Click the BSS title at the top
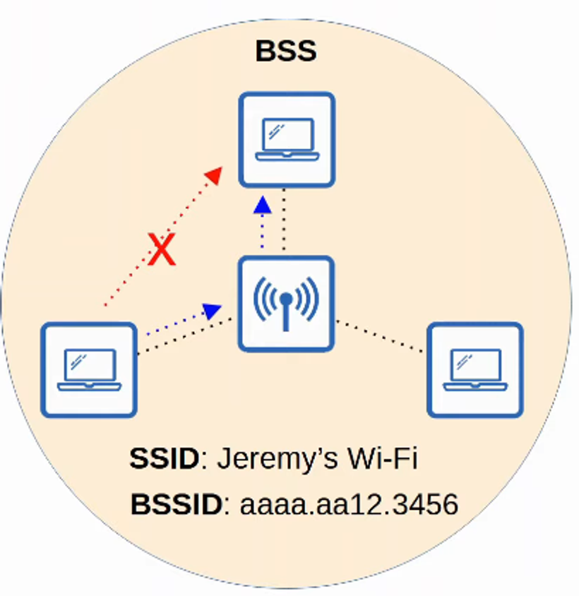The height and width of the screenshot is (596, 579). click(285, 52)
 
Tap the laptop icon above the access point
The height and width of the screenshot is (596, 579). click(286, 139)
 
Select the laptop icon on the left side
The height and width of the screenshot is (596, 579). click(88, 370)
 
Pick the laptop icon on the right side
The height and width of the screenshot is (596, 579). click(475, 370)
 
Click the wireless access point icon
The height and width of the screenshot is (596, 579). click(285, 304)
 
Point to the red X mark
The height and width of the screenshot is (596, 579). click(162, 251)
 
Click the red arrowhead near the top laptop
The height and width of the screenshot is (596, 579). click(214, 174)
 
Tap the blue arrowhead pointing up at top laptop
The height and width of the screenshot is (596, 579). click(263, 205)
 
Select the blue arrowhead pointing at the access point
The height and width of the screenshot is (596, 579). click(212, 309)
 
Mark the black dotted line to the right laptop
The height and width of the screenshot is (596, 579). click(381, 336)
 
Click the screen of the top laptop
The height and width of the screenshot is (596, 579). click(286, 133)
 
